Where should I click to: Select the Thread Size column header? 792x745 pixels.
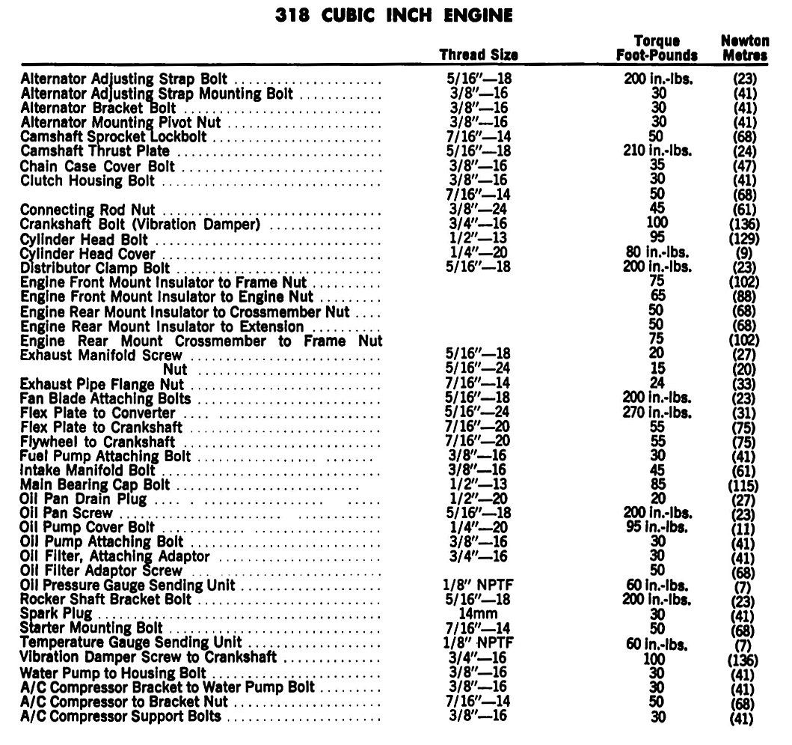coord(478,55)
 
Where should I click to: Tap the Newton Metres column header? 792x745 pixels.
coord(745,48)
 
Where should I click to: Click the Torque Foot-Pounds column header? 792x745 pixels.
coord(657,48)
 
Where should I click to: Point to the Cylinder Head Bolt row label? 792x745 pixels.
coord(85,240)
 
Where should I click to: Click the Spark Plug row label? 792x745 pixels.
coord(57,614)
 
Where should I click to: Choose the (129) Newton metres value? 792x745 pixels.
coord(744,240)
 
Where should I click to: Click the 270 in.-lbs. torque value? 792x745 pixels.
coord(657,413)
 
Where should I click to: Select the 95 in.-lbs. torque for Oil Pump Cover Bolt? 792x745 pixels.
coord(657,528)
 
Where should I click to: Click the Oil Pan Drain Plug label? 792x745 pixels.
coord(84,499)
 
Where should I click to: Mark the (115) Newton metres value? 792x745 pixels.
coord(744,485)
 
